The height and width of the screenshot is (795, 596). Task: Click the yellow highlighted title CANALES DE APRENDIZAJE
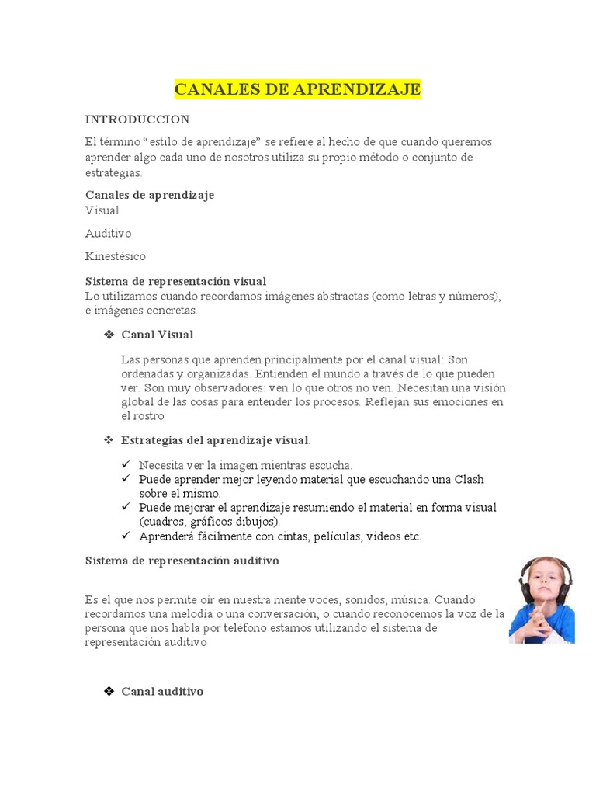coord(297,89)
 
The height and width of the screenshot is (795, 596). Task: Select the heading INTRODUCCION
coord(137,120)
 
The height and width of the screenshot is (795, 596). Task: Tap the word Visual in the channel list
coord(102,210)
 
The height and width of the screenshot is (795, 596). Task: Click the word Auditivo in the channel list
coord(108,233)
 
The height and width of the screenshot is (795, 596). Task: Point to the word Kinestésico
coord(115,256)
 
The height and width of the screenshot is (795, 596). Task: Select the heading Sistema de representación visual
coord(175,281)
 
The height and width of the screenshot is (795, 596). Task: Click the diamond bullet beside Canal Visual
coord(109,335)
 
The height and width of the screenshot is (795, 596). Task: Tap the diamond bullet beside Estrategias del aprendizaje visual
coord(109,440)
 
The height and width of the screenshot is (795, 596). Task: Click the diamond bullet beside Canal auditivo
coord(109,691)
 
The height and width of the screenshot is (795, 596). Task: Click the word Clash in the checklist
coord(469,479)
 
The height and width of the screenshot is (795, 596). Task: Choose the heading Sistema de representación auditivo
coord(182,560)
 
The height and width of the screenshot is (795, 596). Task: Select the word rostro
coord(148,416)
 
